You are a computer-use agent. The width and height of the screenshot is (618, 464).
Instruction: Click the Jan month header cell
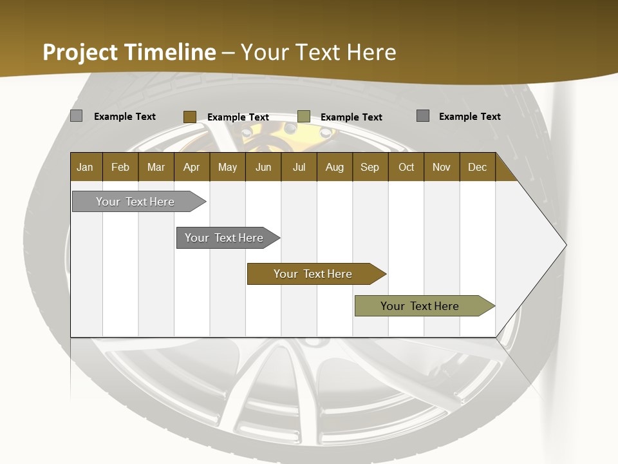pos(86,167)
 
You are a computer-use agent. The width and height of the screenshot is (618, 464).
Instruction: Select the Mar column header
pos(156,167)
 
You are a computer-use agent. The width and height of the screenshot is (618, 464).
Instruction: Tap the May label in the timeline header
pos(227,167)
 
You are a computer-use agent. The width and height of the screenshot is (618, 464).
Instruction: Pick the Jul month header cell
pos(299,167)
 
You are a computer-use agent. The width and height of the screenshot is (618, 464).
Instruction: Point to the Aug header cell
pos(334,167)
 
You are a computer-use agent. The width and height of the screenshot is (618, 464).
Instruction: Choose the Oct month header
pos(406,167)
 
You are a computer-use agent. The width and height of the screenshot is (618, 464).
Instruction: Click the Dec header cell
pos(477,167)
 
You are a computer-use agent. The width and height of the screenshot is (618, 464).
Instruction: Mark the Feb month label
pos(120,167)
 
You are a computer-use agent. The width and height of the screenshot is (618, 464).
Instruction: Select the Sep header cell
pos(370,167)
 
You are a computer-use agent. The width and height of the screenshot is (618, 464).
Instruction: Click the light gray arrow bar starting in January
pos(135,202)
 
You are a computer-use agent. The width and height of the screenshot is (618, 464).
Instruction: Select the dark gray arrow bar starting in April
pos(224,238)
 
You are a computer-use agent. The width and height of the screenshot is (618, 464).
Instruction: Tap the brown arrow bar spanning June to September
pos(313,274)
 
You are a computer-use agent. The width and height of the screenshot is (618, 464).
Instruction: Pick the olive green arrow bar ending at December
pos(420,306)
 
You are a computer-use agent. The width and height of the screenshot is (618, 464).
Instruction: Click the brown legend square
pos(189,117)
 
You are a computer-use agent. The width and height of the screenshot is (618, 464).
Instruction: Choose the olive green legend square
pos(304,117)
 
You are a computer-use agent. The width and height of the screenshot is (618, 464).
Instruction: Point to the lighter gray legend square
pos(76,116)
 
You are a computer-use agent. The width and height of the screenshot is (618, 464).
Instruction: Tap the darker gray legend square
pos(423,116)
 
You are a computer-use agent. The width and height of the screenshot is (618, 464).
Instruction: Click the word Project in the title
pos(81,52)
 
